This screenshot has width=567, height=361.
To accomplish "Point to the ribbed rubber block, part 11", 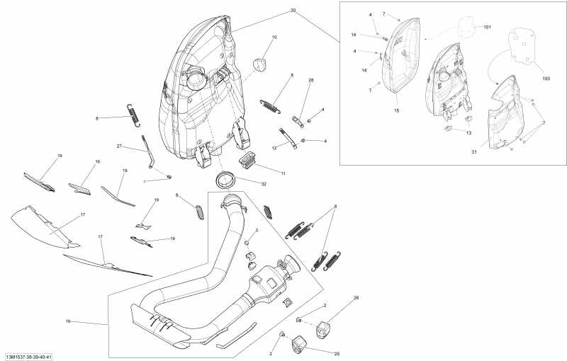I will coord(250,159).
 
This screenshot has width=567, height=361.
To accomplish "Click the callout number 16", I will coord(68,321).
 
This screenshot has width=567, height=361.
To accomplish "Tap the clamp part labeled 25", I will coord(299,345).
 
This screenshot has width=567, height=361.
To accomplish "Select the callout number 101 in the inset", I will coord(487,27).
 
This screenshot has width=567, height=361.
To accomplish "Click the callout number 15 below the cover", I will coord(396,111).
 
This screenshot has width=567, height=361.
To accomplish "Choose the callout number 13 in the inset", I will coord(468,132).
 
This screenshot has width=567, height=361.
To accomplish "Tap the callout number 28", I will coord(310,81).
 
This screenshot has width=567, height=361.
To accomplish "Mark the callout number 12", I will coord(274,148).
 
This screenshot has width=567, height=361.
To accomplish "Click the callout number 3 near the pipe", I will coord(257,231).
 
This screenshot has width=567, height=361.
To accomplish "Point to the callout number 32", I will coord(263,183).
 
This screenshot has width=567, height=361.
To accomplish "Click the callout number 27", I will coord(120,146).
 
